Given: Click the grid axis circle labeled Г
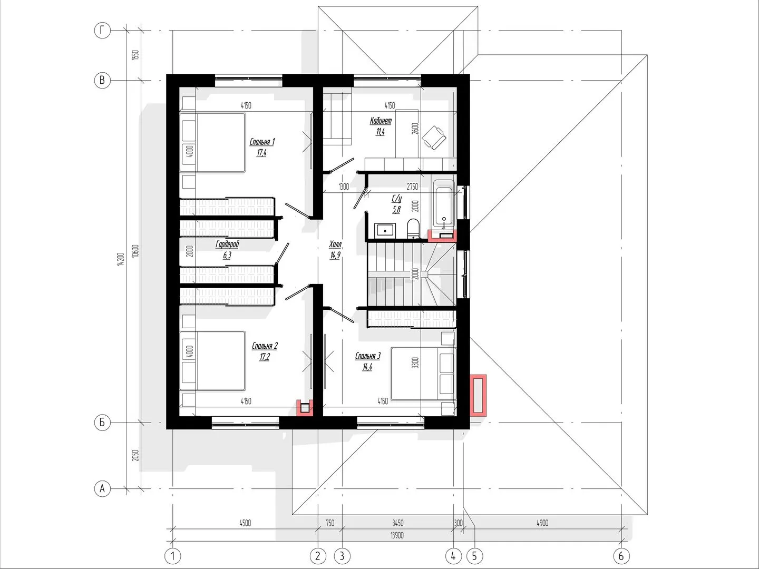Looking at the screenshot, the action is [x=102, y=31].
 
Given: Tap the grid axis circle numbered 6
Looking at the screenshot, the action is [x=621, y=556].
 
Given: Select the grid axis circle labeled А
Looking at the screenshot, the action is [x=102, y=489].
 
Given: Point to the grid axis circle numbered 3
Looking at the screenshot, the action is [x=342, y=556].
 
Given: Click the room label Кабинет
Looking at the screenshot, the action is [x=381, y=121].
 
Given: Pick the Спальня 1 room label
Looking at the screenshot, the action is [x=262, y=142].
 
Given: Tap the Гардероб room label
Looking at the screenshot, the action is [x=227, y=244].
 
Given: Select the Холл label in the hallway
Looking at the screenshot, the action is [x=335, y=244].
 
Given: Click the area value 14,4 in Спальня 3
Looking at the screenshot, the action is [x=367, y=367].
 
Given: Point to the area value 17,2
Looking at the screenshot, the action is [x=265, y=357].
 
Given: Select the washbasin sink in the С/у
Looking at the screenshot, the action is [x=385, y=230].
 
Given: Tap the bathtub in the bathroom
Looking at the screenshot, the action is [x=444, y=203].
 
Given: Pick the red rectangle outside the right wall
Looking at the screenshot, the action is [x=478, y=395].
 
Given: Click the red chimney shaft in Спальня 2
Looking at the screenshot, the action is [x=305, y=408].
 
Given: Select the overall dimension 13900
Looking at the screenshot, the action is [x=397, y=535].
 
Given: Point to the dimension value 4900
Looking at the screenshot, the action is [x=542, y=523].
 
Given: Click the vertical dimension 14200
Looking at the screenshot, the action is [x=120, y=259].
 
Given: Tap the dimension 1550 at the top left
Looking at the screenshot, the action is [x=135, y=55].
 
